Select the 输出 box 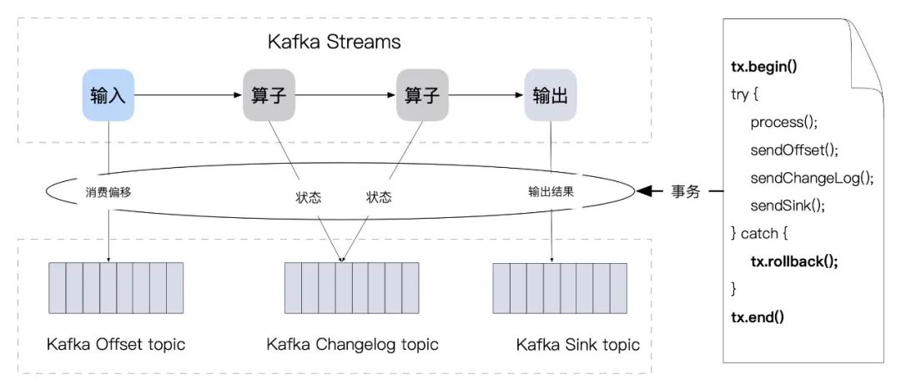[x=550, y=95]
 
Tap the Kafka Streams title [x=334, y=41]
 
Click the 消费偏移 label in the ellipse [x=108, y=191]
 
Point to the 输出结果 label [x=551, y=191]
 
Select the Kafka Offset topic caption [x=116, y=344]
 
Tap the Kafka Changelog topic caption [x=352, y=344]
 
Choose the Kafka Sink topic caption [x=577, y=344]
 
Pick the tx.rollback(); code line [x=793, y=261]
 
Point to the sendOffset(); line [x=793, y=149]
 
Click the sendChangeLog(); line [x=811, y=177]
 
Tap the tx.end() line [x=758, y=317]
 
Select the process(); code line [x=783, y=122]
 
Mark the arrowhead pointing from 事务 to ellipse [x=645, y=192]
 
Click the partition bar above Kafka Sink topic [x=551, y=287]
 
